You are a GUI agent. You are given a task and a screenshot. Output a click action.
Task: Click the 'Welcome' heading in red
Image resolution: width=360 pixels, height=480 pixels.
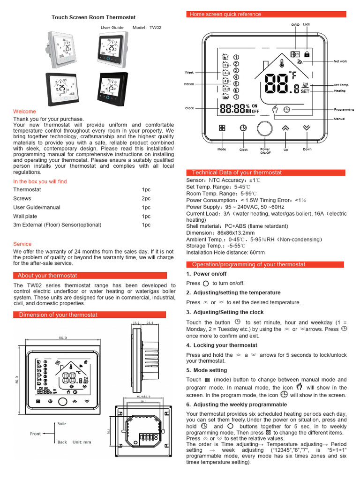24,112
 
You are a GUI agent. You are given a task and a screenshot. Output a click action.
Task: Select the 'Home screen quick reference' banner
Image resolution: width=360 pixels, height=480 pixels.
225,15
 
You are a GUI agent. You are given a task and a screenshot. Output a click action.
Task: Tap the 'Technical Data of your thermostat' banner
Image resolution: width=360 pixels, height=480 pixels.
237,172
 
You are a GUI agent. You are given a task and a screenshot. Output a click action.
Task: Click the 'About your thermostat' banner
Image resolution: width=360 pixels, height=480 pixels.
47,276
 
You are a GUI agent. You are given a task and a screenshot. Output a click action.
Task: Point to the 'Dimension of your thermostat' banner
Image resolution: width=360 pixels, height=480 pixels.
58,315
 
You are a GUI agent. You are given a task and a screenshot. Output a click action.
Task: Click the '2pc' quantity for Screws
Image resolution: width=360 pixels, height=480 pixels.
146,198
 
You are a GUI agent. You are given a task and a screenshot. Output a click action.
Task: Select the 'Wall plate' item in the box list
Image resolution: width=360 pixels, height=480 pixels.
25,216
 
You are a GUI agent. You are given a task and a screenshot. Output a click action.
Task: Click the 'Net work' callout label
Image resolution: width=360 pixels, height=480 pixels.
340,61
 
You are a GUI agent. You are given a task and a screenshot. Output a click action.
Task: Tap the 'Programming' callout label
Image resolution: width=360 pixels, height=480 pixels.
344,110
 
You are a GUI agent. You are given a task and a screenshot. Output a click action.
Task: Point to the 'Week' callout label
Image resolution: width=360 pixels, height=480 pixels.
189,73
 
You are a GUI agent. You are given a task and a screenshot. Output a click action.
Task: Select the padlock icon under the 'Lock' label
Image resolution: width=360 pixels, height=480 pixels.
307,54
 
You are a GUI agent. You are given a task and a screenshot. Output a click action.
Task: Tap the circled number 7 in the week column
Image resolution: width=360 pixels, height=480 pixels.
236,97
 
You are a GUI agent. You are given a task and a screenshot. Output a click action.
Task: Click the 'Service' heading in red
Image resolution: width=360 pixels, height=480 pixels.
22,244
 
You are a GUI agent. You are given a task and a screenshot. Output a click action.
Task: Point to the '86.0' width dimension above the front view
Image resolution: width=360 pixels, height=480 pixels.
63,337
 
